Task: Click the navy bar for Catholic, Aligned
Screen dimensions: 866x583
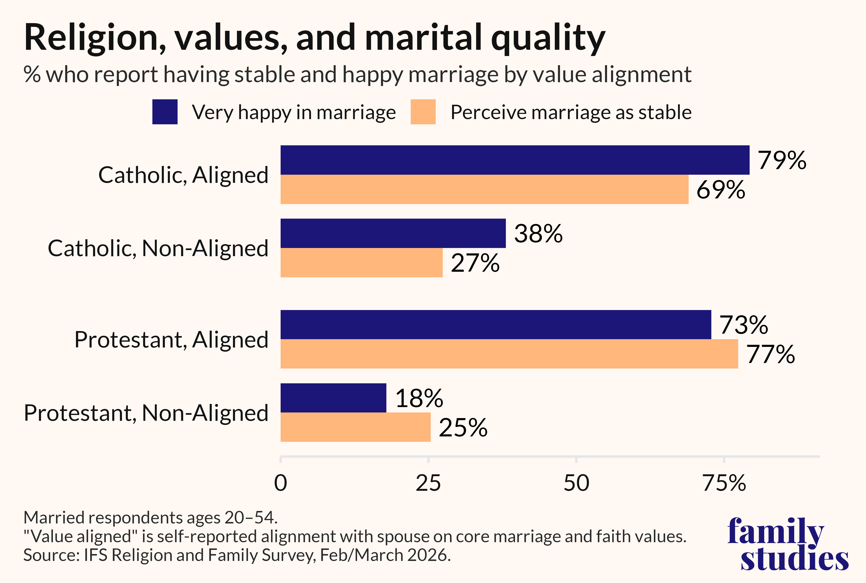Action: (x=515, y=160)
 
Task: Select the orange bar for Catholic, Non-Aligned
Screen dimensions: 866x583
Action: (x=362, y=263)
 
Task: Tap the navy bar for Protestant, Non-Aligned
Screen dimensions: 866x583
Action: (x=333, y=398)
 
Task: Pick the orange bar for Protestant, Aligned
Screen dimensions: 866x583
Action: (x=509, y=354)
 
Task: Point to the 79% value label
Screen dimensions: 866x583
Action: (x=782, y=160)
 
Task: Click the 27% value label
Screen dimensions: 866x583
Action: (x=475, y=263)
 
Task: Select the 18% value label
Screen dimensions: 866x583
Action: (x=419, y=398)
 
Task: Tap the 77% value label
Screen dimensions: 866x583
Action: (x=770, y=354)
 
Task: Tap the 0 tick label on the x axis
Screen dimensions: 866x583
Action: (x=281, y=483)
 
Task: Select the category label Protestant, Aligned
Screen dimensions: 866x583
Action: (x=171, y=340)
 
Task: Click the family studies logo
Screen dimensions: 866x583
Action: (x=788, y=544)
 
